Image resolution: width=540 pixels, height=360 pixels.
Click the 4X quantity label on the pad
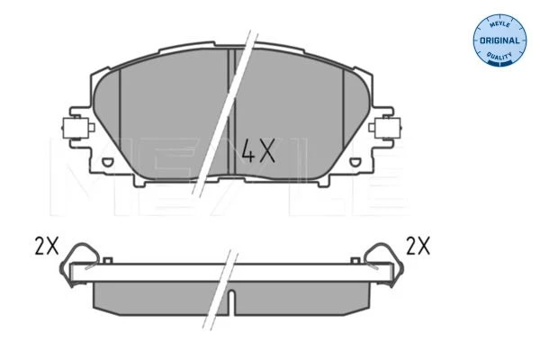click(x=258, y=150)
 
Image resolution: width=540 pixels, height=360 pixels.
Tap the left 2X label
click(x=47, y=246)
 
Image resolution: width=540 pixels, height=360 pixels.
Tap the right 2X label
click(x=418, y=246)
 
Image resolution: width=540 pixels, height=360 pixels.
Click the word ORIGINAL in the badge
click(x=499, y=40)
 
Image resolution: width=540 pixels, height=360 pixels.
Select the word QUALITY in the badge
click(x=499, y=56)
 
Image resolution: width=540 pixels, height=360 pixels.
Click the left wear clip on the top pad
click(x=78, y=128)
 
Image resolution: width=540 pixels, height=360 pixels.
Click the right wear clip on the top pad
click(x=385, y=128)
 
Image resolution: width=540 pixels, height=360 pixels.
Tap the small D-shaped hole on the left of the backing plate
click(x=108, y=161)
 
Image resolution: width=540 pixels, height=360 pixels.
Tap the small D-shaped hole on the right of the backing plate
click(x=355, y=161)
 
